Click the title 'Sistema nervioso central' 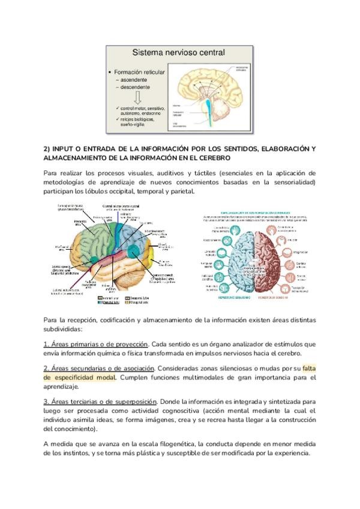coord(178,53)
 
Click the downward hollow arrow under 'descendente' coord(137,97)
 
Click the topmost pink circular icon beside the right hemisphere coord(291,229)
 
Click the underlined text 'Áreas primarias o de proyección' coord(95,344)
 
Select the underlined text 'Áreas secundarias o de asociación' coord(99,368)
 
